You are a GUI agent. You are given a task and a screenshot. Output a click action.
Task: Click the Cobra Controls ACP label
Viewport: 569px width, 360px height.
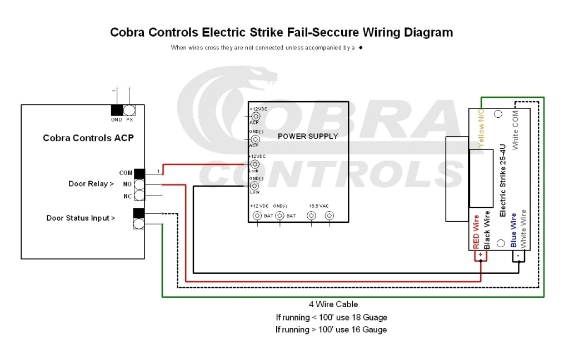point(88,138)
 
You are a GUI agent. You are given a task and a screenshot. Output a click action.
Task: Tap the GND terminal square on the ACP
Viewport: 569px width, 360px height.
point(117,110)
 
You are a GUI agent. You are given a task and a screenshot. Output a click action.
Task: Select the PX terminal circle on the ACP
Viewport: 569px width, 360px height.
point(129,110)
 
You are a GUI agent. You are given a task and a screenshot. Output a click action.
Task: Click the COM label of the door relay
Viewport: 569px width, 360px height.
point(126,173)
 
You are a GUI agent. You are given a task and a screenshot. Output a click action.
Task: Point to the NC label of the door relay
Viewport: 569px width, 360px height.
point(127,196)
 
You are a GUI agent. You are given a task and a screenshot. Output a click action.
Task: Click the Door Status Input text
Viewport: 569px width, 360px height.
point(81,218)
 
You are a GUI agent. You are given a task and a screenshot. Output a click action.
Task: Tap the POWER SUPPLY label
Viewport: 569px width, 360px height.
point(308,136)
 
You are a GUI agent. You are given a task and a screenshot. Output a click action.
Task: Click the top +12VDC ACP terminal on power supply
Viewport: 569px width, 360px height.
point(256,117)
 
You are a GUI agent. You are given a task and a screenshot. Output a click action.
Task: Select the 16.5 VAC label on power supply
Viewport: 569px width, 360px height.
point(320,206)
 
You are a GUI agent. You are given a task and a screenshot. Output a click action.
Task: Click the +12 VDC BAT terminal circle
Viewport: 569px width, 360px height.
point(257,216)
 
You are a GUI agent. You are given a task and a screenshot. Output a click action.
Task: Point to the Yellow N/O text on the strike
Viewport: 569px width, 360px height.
point(482,128)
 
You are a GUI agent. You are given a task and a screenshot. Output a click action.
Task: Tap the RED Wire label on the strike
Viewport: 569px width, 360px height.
point(476,231)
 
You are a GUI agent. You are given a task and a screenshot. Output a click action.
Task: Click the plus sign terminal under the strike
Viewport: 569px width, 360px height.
point(480,254)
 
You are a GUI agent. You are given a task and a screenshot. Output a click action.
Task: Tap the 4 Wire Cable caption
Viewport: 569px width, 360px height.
point(333,304)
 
